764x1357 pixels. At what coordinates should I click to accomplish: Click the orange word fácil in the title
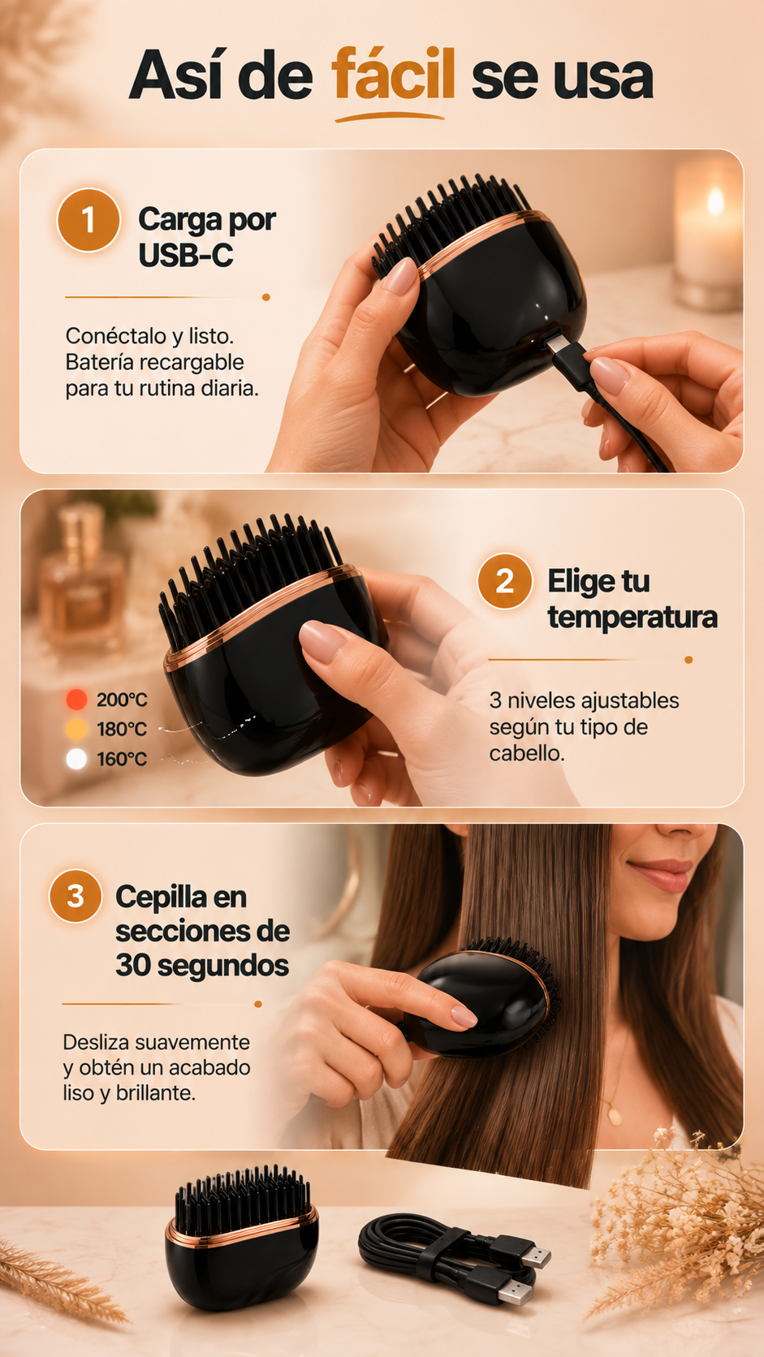[x=393, y=75]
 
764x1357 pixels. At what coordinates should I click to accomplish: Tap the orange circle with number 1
[x=88, y=220]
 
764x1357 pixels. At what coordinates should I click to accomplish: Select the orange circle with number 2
[x=505, y=581]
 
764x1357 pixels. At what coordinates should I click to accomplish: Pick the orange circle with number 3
[x=76, y=896]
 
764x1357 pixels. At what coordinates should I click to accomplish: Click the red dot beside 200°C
[x=76, y=699]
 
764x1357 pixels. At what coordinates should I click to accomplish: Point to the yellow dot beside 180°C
[x=76, y=729]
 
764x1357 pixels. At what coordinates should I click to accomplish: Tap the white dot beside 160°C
[x=76, y=759]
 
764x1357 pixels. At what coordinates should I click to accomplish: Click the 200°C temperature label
[x=122, y=700]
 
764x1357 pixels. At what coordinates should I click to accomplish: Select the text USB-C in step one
[x=186, y=255]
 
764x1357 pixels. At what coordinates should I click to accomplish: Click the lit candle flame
[x=715, y=200]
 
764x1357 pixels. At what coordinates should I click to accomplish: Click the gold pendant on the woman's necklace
[x=615, y=1113]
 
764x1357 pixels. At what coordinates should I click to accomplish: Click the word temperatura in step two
[x=632, y=618]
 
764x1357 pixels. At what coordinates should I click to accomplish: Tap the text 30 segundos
[x=202, y=966]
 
